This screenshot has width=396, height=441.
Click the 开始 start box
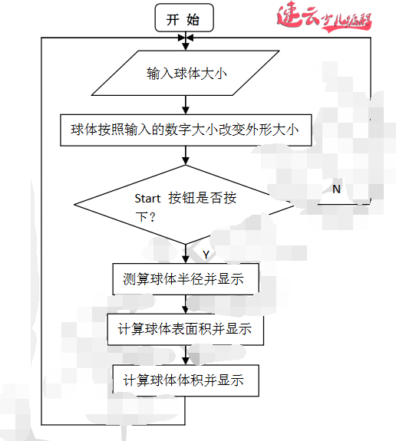(185, 18)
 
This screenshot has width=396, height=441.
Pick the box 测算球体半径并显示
(183, 279)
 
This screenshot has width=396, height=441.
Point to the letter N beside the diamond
(336, 188)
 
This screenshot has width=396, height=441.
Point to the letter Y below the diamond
(205, 254)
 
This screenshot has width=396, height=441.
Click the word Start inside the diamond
(147, 198)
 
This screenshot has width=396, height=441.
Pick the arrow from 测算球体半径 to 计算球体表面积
(184, 304)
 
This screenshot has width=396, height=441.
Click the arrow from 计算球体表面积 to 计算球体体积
(184, 355)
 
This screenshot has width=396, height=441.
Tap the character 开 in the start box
(173, 19)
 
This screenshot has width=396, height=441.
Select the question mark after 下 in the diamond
(153, 217)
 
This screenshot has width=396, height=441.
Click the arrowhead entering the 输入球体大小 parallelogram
(185, 49)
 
